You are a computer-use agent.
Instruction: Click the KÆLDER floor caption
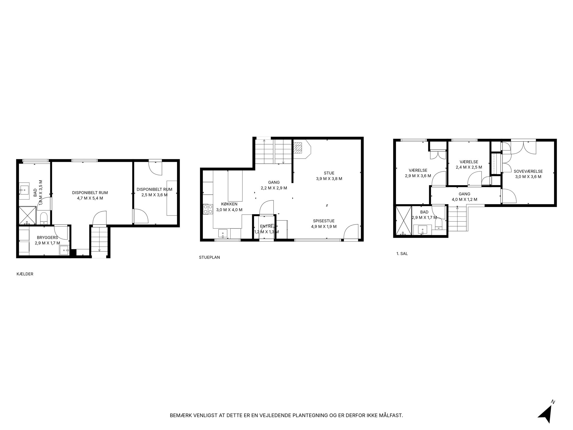tap(25, 274)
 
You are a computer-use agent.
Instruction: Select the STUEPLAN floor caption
tap(209, 257)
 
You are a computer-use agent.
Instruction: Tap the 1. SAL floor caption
tap(402, 254)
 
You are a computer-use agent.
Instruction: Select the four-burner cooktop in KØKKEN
tap(208, 209)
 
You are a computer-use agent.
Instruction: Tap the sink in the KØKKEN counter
tap(223, 234)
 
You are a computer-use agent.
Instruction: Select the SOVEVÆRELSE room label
tap(528, 171)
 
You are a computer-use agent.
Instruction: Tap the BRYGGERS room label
tap(47, 238)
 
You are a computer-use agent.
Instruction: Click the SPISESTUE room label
tap(324, 221)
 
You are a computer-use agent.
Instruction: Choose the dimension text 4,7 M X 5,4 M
tap(90, 198)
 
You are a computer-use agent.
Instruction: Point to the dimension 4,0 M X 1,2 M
tap(464, 200)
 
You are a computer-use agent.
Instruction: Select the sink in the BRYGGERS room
tap(64, 250)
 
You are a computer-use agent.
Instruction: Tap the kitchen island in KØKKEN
tap(235, 186)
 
